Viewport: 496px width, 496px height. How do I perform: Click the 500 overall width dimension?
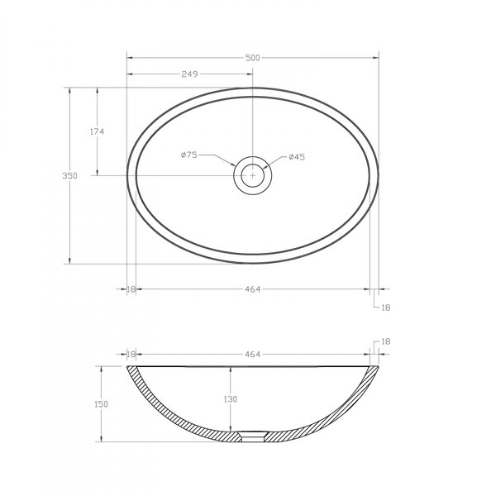pos(252,58)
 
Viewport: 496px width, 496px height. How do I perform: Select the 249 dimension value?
pos(189,74)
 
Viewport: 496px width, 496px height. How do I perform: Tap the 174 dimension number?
pos(97,131)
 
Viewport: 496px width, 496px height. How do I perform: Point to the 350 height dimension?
pos(69,175)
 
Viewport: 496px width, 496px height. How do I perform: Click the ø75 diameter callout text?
pos(189,155)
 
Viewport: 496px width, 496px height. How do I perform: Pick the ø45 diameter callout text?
pos(297,157)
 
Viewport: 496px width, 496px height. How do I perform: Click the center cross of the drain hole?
pos(252,175)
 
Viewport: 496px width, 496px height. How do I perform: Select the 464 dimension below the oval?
pos(252,289)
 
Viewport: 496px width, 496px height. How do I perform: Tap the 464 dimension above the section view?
pos(252,355)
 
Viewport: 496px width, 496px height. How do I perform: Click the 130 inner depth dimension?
pos(231,399)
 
